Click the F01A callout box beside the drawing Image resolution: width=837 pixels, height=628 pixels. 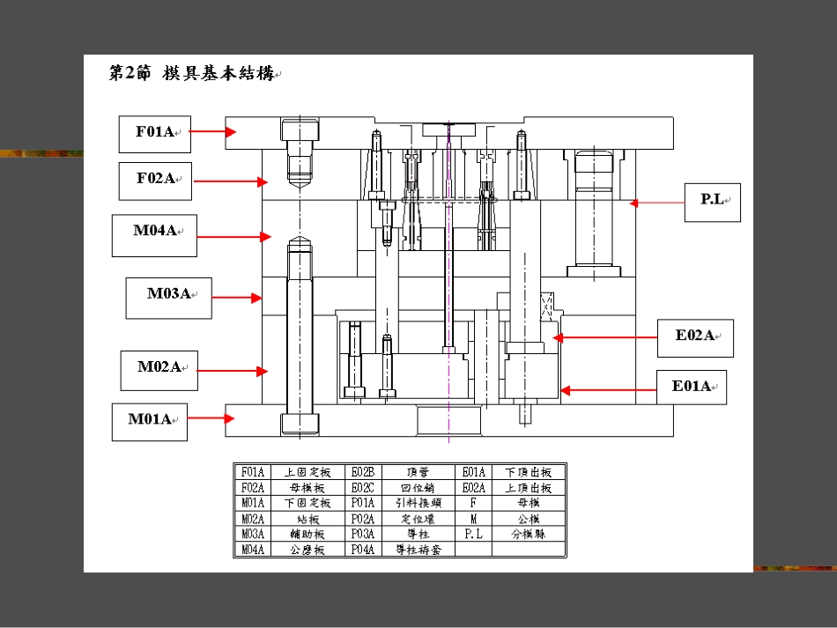(x=155, y=133)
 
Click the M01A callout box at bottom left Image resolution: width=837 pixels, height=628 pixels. (x=150, y=421)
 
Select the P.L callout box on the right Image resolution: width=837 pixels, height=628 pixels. (x=713, y=202)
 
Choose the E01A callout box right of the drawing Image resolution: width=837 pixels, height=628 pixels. (x=693, y=388)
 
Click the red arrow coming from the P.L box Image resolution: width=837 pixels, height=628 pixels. (x=657, y=203)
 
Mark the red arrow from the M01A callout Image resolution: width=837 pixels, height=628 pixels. (x=211, y=419)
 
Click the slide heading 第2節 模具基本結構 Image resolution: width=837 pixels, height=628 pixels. (x=192, y=74)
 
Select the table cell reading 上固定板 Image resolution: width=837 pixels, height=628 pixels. (x=307, y=472)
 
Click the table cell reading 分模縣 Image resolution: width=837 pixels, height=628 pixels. (x=528, y=534)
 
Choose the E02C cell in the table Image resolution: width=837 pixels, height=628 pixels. (x=362, y=488)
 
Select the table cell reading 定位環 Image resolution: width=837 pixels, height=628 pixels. (x=418, y=519)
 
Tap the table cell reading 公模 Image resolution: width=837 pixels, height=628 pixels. (x=528, y=519)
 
